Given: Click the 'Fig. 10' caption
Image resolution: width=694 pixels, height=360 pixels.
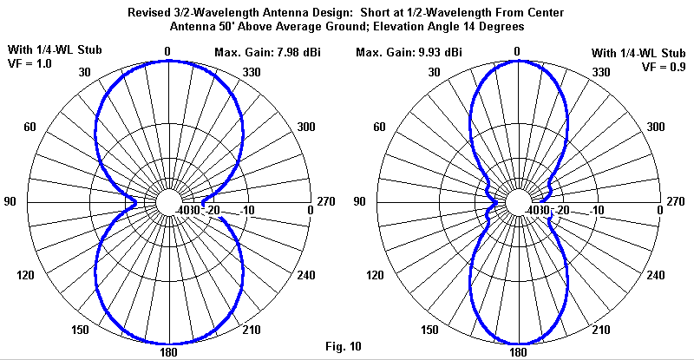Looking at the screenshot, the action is [344, 346].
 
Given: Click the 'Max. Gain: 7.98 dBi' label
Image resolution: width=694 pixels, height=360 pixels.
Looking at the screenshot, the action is [267, 53].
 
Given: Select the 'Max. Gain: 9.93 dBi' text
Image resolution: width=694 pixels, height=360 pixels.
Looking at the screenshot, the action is [409, 53].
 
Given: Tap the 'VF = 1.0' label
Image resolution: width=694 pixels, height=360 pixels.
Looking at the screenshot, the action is [29, 64].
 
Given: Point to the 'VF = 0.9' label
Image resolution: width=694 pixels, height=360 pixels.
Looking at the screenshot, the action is [664, 67].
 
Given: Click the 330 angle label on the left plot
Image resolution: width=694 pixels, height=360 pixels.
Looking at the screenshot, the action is [252, 72].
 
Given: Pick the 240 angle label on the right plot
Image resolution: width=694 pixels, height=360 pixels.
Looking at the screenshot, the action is [656, 275].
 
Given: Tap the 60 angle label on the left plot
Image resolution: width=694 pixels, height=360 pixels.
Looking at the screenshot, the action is [29, 128].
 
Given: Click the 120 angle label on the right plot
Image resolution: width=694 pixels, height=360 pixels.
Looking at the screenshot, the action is [375, 275].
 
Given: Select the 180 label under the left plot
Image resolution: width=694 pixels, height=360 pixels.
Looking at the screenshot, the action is [168, 352].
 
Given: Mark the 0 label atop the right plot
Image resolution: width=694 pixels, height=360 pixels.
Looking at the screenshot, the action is [517, 52].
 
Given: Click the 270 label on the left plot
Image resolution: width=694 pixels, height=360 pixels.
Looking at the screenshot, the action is [326, 201].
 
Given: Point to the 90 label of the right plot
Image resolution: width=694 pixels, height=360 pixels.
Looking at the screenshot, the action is [359, 201].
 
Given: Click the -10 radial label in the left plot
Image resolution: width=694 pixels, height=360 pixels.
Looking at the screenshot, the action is [247, 210].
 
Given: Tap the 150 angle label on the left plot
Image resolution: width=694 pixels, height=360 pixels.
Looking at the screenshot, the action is [80, 330].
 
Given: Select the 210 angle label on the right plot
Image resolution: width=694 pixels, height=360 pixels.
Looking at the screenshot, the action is [600, 330].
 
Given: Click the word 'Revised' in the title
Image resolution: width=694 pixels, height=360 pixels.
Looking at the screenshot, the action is [147, 12].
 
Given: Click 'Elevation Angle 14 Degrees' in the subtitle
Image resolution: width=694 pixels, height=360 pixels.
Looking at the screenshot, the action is [448, 27].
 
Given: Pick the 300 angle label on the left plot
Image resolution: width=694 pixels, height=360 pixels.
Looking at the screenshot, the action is [306, 128].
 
